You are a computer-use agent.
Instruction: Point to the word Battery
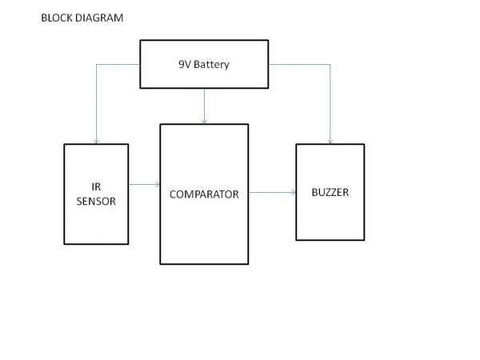coord(212,64)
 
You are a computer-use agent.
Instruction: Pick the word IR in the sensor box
coord(96,188)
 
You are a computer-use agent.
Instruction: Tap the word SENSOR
coord(96,202)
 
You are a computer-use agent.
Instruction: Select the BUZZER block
coord(330,216)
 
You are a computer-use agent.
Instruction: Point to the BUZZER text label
coord(330,193)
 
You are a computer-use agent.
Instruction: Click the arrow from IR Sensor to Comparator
coord(144,185)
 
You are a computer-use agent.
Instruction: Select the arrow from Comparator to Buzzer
coord(271,193)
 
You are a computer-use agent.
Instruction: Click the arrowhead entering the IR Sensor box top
coord(96,141)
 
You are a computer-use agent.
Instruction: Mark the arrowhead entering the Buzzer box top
coord(330,141)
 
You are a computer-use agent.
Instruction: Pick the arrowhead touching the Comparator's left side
coord(157,185)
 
